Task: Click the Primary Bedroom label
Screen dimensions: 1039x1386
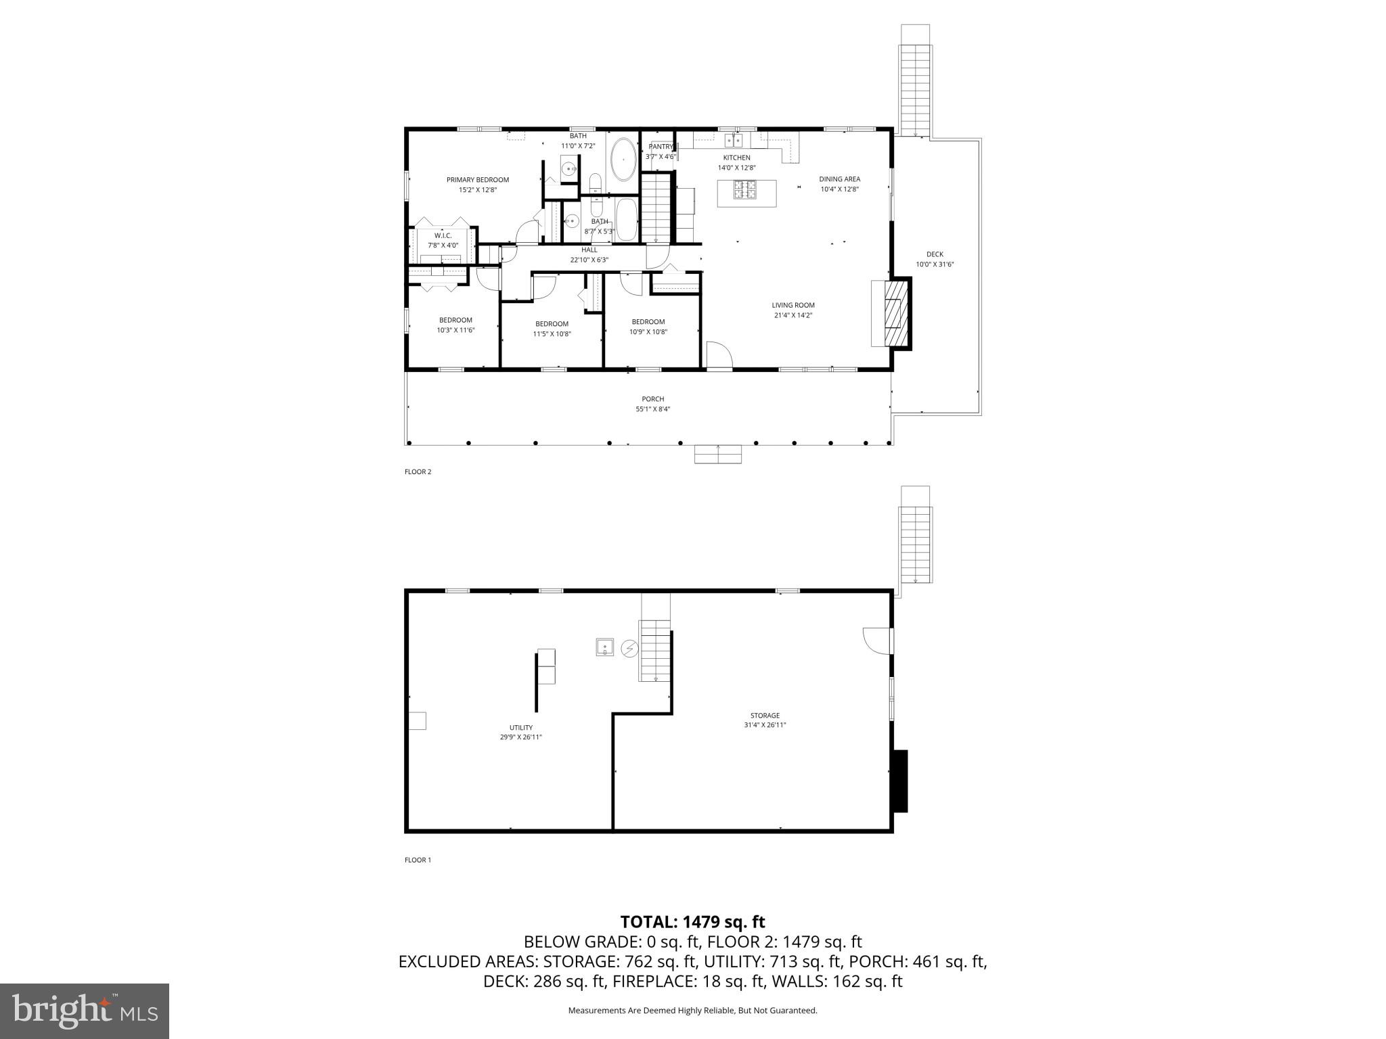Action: click(x=477, y=180)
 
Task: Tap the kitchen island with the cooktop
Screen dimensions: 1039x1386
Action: click(x=746, y=193)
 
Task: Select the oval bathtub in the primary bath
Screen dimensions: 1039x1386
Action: click(x=623, y=160)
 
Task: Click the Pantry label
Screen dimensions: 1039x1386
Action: click(x=661, y=147)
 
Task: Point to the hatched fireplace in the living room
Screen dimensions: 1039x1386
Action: click(x=896, y=313)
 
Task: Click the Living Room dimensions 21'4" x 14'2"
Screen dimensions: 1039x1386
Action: click(x=792, y=315)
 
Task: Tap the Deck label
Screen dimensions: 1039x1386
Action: click(x=935, y=254)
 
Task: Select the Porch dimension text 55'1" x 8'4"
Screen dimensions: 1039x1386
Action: click(x=652, y=409)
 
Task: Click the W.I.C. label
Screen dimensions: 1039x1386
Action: click(x=443, y=235)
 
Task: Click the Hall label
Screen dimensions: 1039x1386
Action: click(x=589, y=250)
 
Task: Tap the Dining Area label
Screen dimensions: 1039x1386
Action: click(x=839, y=179)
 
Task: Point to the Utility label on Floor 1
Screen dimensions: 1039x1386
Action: click(x=520, y=728)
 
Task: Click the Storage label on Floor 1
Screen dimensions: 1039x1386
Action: click(x=765, y=715)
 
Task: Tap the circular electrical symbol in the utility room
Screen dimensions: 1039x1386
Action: click(x=629, y=649)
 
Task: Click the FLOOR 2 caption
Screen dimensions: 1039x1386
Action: click(x=418, y=472)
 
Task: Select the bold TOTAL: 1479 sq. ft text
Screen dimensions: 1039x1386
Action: click(x=692, y=922)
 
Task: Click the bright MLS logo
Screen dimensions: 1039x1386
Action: click(x=85, y=1011)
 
